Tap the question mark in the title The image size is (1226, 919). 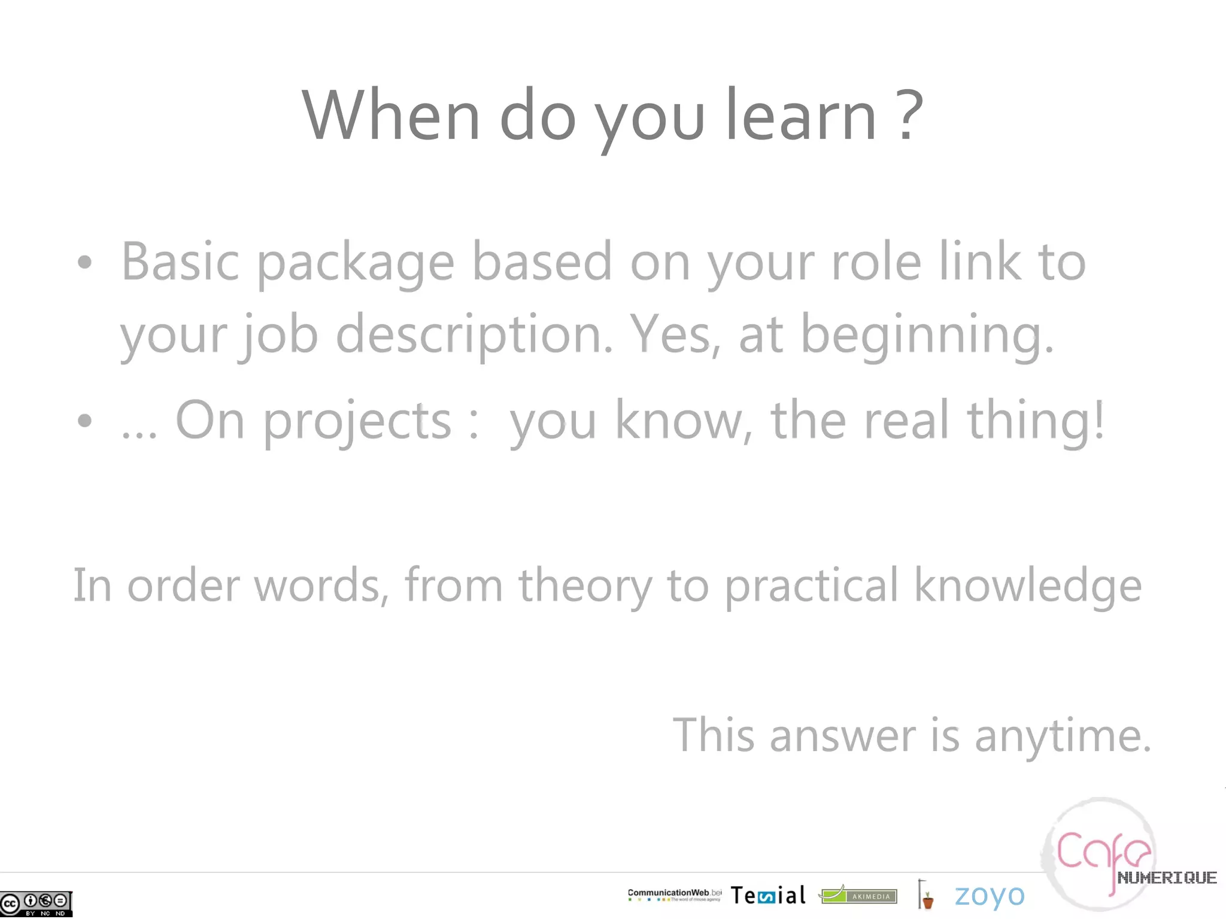[910, 115]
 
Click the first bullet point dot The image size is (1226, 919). [85, 262]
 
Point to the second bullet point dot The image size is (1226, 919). [85, 420]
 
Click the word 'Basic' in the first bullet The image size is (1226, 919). [180, 261]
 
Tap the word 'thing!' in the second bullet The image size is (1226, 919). [1036, 421]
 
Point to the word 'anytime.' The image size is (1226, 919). [1063, 736]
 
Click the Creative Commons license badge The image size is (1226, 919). [36, 903]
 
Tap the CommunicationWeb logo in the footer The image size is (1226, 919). [674, 894]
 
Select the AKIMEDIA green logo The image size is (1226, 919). [858, 895]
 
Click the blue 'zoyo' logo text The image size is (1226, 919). [989, 896]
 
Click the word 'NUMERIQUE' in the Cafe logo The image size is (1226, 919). [1167, 878]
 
